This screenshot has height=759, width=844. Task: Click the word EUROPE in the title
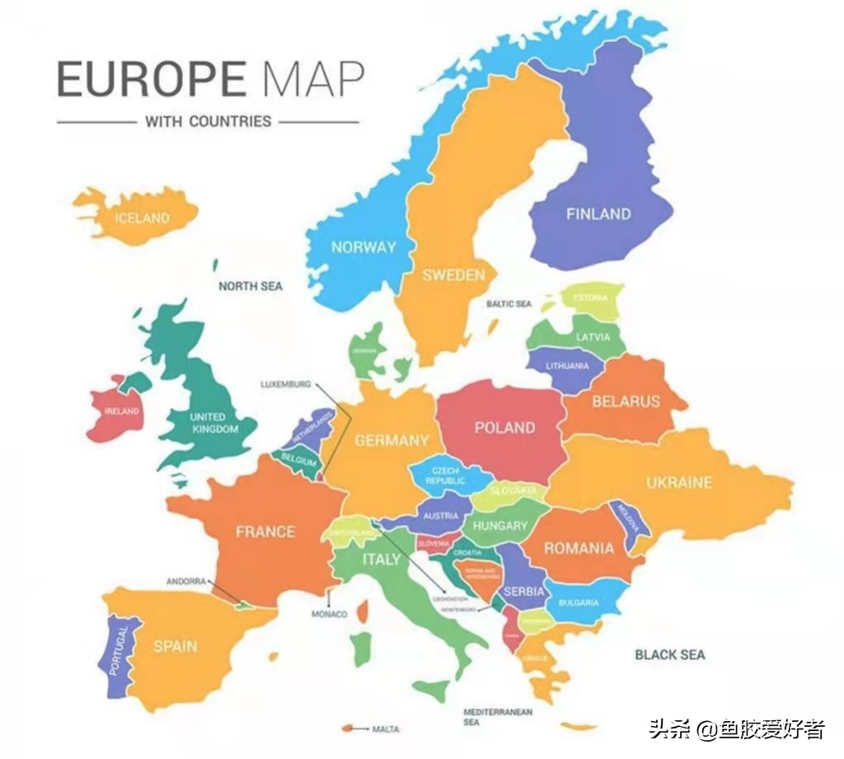151,79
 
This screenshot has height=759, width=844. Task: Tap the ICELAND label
142,218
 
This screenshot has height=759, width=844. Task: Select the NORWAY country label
363,246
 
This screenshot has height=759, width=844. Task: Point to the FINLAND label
598,214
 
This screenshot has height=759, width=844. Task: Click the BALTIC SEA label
509,304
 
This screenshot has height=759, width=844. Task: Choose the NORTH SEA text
250,286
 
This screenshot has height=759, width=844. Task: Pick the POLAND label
504,427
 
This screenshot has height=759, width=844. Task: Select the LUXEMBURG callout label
286,384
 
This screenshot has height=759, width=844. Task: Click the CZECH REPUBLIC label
446,476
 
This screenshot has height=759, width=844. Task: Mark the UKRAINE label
678,482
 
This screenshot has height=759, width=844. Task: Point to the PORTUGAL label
119,651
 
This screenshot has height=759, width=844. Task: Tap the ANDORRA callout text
185,581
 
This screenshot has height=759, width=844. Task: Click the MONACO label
329,614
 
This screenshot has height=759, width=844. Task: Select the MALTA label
386,729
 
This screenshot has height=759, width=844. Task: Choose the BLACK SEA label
669,654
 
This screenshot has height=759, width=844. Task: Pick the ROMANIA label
579,548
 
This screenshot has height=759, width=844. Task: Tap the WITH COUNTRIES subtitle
208,121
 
